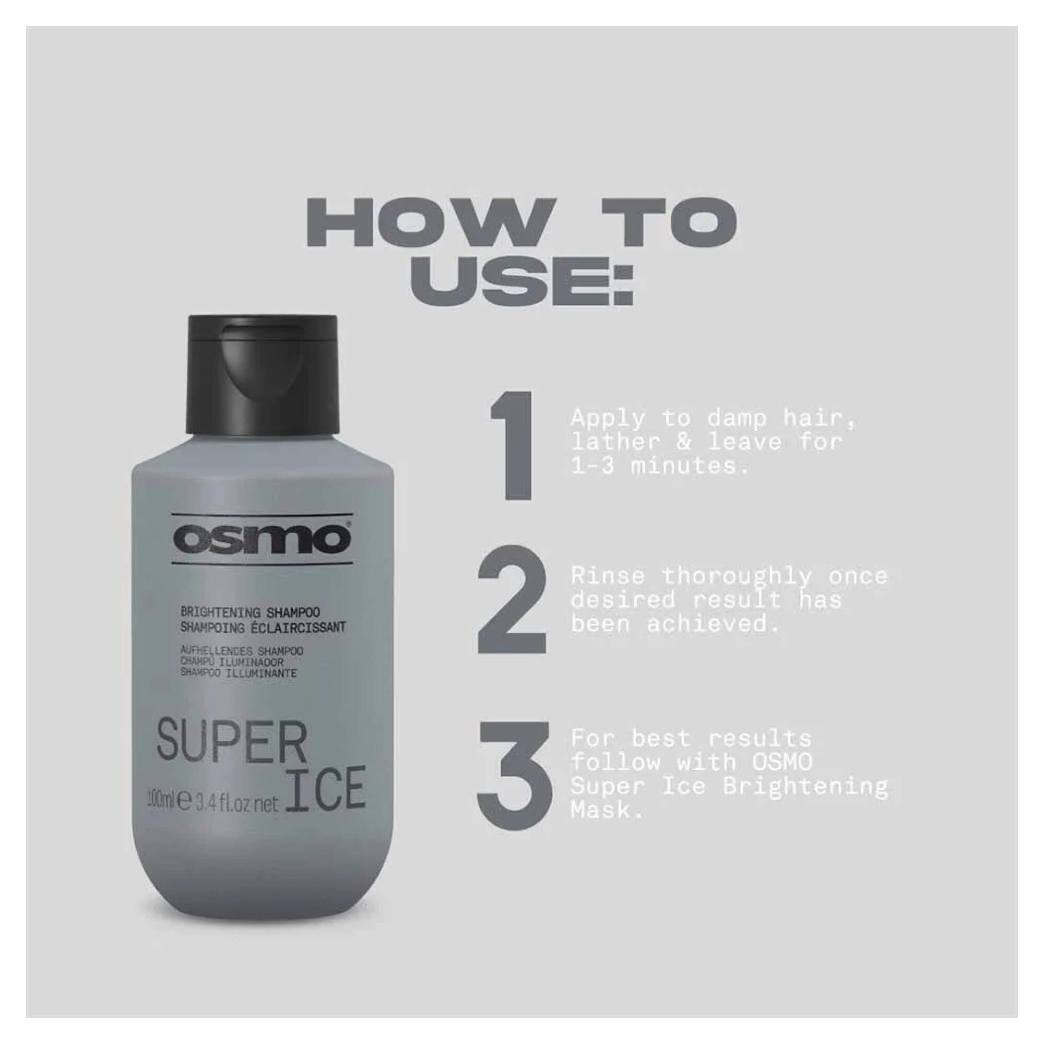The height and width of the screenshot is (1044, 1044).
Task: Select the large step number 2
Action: [x=512, y=602]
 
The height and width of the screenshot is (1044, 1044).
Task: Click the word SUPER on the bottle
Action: [x=233, y=743]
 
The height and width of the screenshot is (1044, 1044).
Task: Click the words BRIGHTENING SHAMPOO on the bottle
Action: [x=250, y=612]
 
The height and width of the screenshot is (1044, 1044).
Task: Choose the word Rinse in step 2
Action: [x=608, y=577]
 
